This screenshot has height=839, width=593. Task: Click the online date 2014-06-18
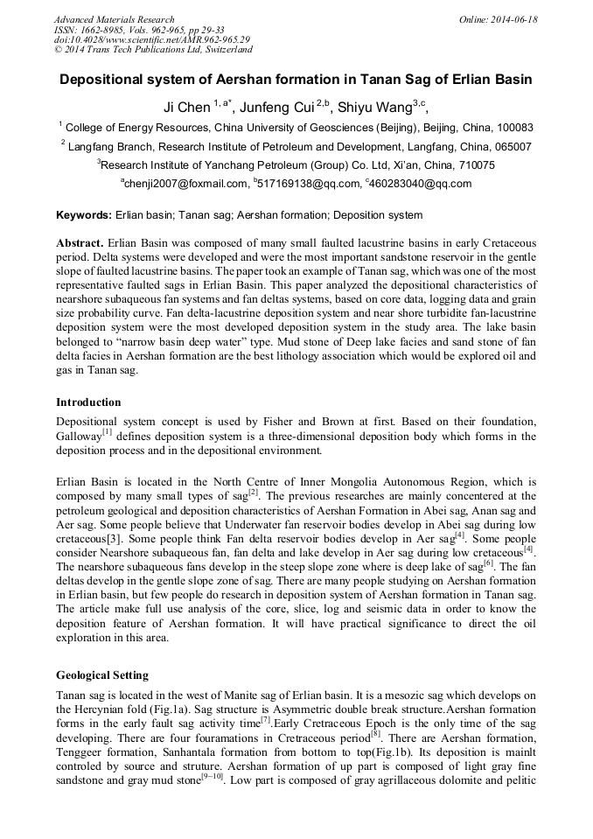pyautogui.click(x=513, y=19)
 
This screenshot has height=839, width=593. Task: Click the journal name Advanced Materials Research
pyautogui.click(x=115, y=19)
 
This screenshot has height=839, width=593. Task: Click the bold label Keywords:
pyautogui.click(x=84, y=215)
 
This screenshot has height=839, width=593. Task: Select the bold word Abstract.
pyautogui.click(x=80, y=242)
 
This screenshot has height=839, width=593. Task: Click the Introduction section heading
pyautogui.click(x=88, y=402)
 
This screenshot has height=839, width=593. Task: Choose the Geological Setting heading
pyautogui.click(x=102, y=675)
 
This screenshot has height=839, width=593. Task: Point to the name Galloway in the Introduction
pyautogui.click(x=80, y=437)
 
